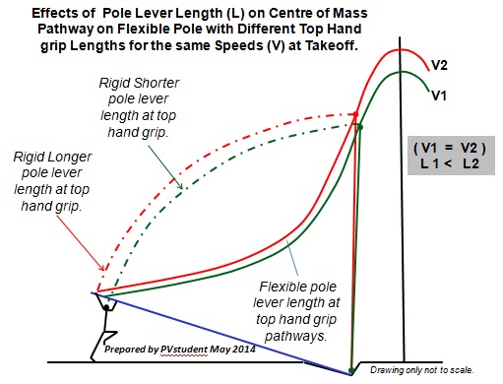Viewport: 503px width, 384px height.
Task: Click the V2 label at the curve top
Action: click(442, 66)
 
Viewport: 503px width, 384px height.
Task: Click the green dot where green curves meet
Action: click(359, 127)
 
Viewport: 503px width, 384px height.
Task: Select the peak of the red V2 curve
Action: click(399, 49)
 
